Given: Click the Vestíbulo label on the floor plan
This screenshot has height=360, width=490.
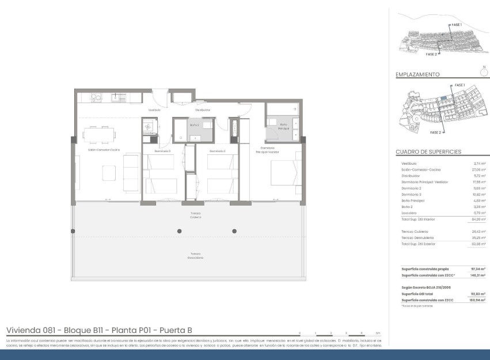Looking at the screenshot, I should tap(154, 109).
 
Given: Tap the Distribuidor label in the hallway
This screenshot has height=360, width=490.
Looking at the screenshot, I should tap(202, 109).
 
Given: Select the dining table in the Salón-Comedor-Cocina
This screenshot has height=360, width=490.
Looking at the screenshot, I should tap(99, 134).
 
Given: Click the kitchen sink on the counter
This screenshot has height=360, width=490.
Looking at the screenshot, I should tap(119, 97).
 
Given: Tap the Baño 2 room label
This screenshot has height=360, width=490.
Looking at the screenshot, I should tap(194, 124).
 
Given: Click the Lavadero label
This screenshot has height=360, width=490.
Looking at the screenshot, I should tap(149, 133).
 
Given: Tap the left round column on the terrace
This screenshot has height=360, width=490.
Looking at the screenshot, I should tap(180, 231).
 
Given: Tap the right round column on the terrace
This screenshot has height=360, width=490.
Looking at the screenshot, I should tap(234, 231).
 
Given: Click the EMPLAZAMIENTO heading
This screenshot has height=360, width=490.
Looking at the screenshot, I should tap(417, 74).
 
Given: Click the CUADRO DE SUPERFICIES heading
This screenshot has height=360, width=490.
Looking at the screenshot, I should tap(428, 152).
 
